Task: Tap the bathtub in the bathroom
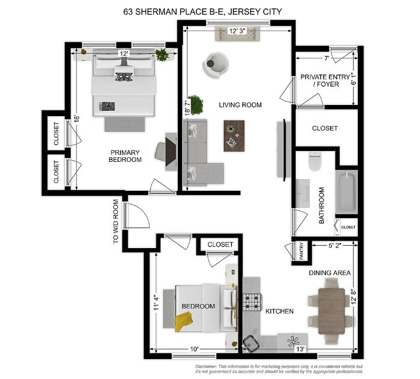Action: pyautogui.click(x=347, y=191)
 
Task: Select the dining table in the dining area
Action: pyautogui.click(x=331, y=310)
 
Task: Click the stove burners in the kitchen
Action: pyautogui.click(x=252, y=302)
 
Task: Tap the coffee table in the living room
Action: pyautogui.click(x=234, y=135)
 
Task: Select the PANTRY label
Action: pyautogui.click(x=302, y=251)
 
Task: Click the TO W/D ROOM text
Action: pyautogui.click(x=116, y=221)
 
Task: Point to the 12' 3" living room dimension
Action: pyautogui.click(x=237, y=31)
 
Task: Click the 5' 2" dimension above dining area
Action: pyautogui.click(x=324, y=246)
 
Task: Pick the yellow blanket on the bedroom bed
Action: pyautogui.click(x=184, y=322)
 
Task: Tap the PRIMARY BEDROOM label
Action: pyautogui.click(x=126, y=156)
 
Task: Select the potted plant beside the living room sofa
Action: pyautogui.click(x=196, y=104)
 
